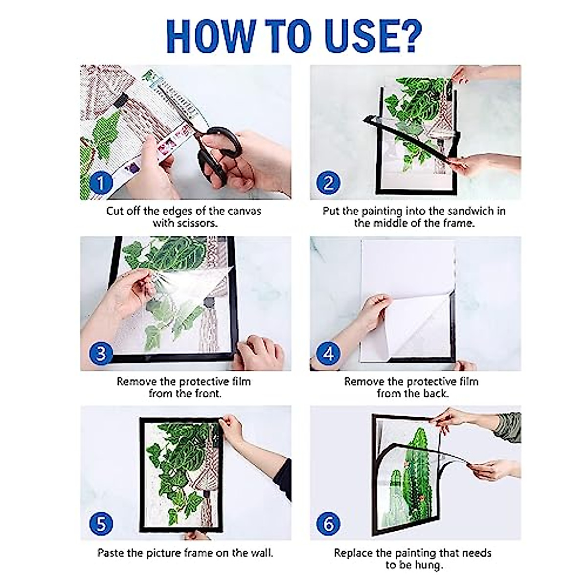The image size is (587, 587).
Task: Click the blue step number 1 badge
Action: pos(101,183)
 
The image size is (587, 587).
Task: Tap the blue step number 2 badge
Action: pos(328,183)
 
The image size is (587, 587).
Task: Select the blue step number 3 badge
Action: pos(101,353)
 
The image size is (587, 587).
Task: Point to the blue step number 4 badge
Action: pos(328,353)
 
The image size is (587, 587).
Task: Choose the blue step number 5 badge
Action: pos(101,524)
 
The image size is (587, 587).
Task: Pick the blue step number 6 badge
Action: pos(328,524)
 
